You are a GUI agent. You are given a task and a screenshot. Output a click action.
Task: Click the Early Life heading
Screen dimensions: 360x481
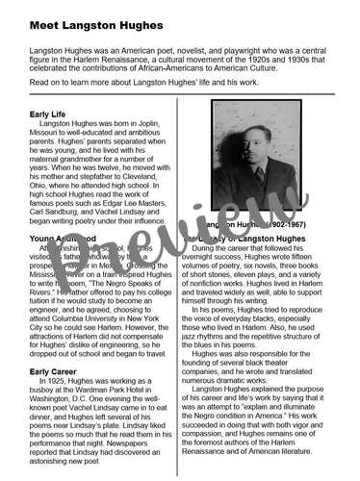(x=53, y=114)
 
